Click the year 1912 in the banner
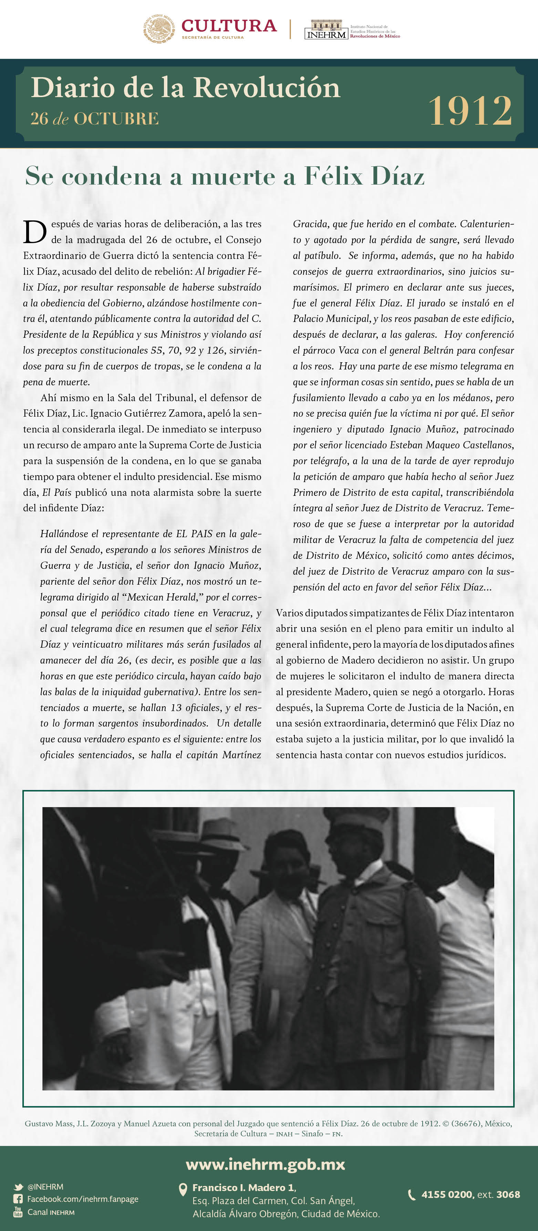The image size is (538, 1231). [x=470, y=111]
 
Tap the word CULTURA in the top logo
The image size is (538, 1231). [x=229, y=25]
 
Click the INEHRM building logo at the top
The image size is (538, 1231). [x=326, y=29]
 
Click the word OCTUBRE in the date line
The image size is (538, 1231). [x=116, y=118]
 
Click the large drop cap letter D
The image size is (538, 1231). [x=35, y=232]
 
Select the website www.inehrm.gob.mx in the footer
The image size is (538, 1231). [x=265, y=1164]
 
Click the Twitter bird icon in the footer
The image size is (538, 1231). [x=18, y=1187]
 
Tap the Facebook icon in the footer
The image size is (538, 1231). [x=18, y=1199]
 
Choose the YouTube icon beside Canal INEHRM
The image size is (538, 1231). [x=18, y=1211]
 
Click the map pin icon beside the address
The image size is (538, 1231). [x=183, y=1189]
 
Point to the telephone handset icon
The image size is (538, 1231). [x=411, y=1195]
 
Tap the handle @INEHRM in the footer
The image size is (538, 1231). [x=45, y=1187]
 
